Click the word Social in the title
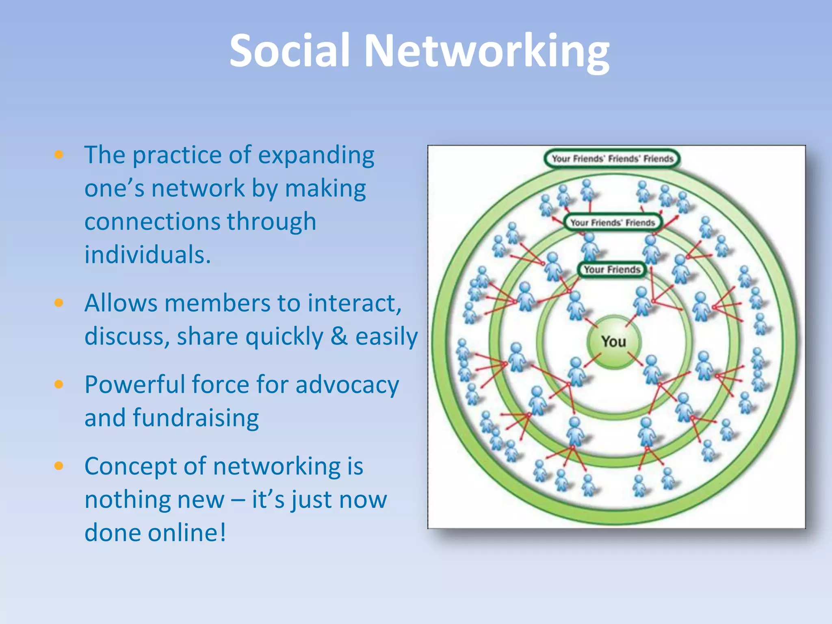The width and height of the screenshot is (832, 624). point(289,50)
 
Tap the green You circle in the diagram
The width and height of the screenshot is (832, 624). point(614,342)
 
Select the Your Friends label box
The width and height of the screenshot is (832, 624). point(611,269)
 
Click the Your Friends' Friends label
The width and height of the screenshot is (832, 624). point(613,222)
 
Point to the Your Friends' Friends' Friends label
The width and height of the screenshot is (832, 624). point(612,158)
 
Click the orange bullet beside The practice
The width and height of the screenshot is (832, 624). point(59,154)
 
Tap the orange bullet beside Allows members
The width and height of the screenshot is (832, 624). point(59,303)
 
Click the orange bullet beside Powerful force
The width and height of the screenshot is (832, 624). point(59,384)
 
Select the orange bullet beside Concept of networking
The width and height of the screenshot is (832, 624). point(59,466)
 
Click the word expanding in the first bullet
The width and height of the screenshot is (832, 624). point(316,156)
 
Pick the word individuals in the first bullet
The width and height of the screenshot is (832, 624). point(147,255)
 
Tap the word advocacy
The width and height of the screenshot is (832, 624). point(347,385)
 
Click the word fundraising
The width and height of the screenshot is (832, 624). point(196,418)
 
